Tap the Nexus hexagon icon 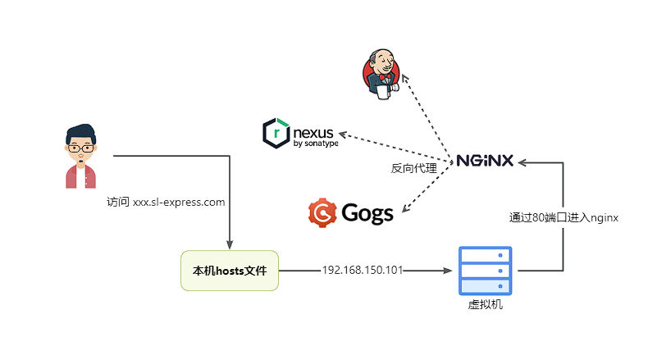click(x=276, y=134)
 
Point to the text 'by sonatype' click(x=315, y=144)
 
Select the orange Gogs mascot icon click(x=322, y=212)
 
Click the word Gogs click(x=367, y=213)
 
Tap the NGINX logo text click(x=485, y=160)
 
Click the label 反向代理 click(x=413, y=169)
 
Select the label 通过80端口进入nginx click(x=563, y=217)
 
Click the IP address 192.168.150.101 click(x=363, y=270)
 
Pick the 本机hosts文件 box click(x=230, y=270)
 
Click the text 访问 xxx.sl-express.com click(x=166, y=202)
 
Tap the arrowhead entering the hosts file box click(x=230, y=244)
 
